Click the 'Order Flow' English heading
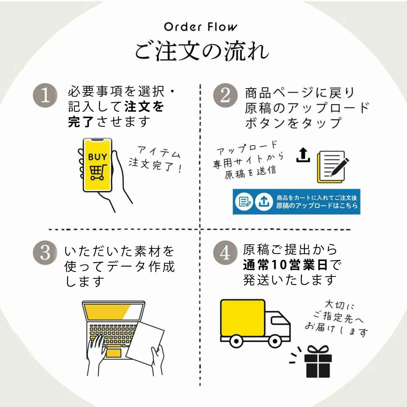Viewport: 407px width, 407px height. [x=201, y=27]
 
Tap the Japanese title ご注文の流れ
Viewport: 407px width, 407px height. [x=202, y=51]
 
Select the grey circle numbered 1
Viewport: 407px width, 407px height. [x=45, y=96]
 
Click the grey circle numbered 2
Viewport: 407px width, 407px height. [x=225, y=96]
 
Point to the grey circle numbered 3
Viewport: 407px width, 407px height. [x=45, y=253]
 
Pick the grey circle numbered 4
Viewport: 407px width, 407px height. [x=225, y=253]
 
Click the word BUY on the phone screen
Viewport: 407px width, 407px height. [x=98, y=157]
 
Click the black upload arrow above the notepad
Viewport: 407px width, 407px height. [x=303, y=155]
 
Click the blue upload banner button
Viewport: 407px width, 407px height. [x=296, y=202]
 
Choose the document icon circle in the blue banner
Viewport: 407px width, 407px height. [x=244, y=202]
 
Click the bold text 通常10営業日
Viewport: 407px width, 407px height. [x=285, y=265]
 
